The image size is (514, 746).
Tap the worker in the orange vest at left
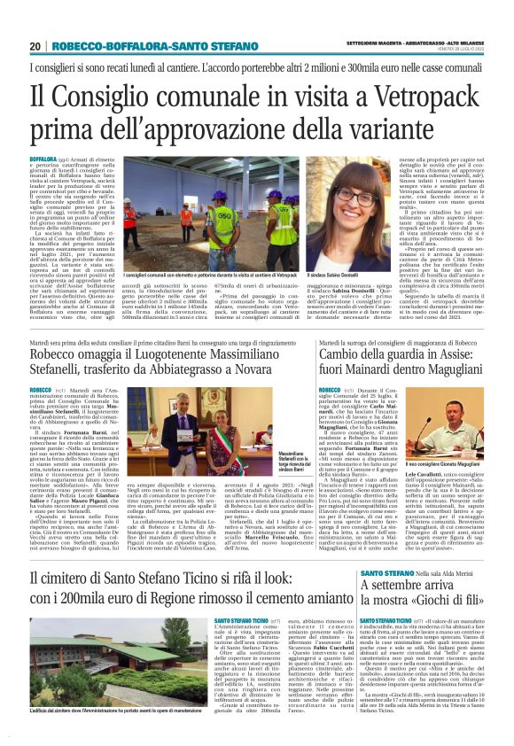pyautogui.click(x=185, y=220)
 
